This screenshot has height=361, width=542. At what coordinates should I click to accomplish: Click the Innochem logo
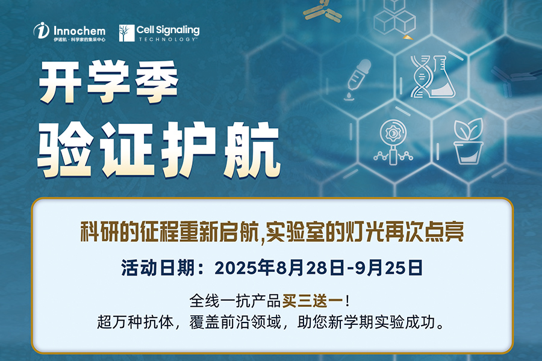(x=69, y=32)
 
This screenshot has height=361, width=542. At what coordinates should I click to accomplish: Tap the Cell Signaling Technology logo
(x=159, y=33)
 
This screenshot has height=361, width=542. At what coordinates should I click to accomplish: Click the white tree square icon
(x=126, y=33)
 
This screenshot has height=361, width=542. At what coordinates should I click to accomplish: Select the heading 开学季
(x=108, y=82)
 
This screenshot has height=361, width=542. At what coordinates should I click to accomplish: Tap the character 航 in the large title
(x=252, y=149)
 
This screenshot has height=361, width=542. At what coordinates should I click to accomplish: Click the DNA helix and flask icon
(x=432, y=76)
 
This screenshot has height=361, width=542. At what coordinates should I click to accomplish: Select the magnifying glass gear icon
(x=393, y=142)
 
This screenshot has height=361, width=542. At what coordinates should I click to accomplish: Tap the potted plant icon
(x=469, y=141)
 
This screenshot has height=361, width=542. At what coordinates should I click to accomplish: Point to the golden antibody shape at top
(x=322, y=10)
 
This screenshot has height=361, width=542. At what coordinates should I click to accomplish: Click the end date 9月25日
(x=388, y=268)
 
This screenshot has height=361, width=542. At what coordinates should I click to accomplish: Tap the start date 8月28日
(x=310, y=268)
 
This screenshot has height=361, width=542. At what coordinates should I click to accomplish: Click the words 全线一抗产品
(x=235, y=301)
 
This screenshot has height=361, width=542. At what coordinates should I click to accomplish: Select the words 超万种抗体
(x=135, y=322)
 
